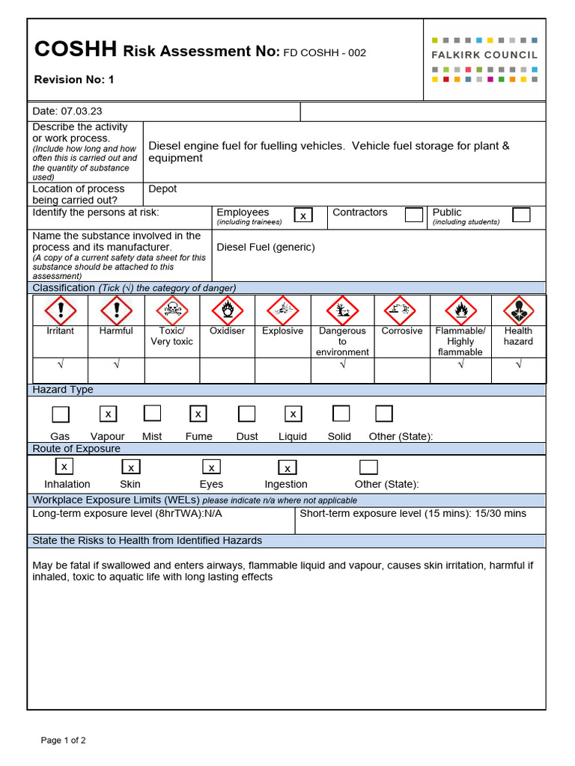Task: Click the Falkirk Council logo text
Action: pyautogui.click(x=484, y=55)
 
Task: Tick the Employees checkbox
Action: pyautogui.click(x=303, y=215)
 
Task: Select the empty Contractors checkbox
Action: pyautogui.click(x=414, y=215)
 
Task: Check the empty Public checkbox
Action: pyautogui.click(x=521, y=215)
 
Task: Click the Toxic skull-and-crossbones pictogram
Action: pyautogui.click(x=171, y=310)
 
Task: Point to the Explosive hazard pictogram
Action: pyautogui.click(x=282, y=310)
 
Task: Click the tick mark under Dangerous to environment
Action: pyautogui.click(x=342, y=364)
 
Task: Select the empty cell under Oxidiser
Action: pyautogui.click(x=227, y=370)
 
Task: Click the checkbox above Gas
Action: pyautogui.click(x=60, y=414)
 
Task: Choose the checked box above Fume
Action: pyautogui.click(x=198, y=414)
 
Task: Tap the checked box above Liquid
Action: pyautogui.click(x=293, y=414)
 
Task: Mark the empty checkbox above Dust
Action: pyautogui.click(x=246, y=414)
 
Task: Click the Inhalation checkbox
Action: pyautogui.click(x=64, y=467)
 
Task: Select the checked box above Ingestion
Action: pyautogui.click(x=287, y=468)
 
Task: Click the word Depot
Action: pyautogui.click(x=162, y=189)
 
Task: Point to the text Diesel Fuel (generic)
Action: pyautogui.click(x=265, y=247)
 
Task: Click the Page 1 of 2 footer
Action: pyautogui.click(x=63, y=741)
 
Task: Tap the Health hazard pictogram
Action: pyautogui.click(x=518, y=310)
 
